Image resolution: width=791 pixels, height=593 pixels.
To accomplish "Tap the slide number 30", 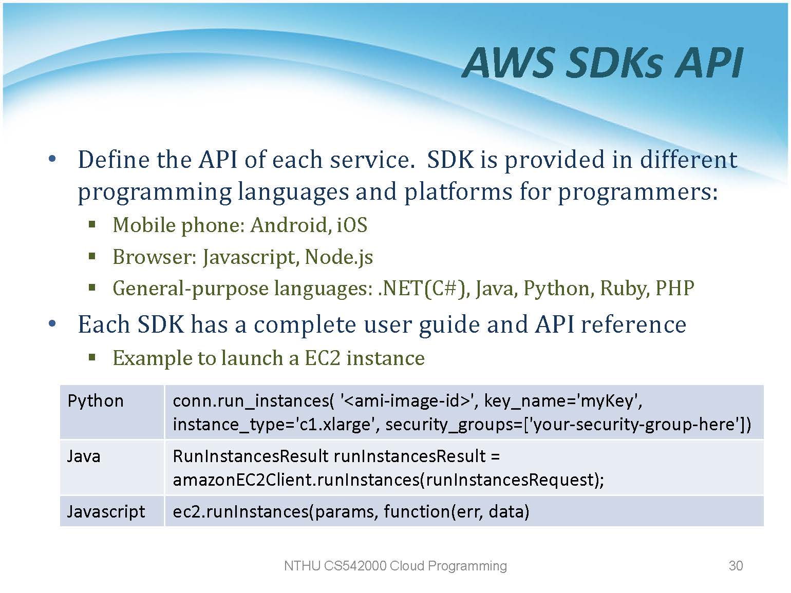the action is pyautogui.click(x=736, y=566).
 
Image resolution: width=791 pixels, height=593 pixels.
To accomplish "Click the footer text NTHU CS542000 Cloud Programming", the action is pyautogui.click(x=395, y=566).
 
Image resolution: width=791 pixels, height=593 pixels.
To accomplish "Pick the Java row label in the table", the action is pyautogui.click(x=84, y=456).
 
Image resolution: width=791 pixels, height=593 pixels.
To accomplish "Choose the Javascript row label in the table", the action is pyautogui.click(x=106, y=512).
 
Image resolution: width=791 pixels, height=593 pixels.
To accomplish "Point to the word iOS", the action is pyautogui.click(x=352, y=225).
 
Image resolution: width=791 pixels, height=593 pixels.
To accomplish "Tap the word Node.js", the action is pyautogui.click(x=338, y=258).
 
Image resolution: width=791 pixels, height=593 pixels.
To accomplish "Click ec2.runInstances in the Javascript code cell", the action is pyautogui.click(x=240, y=512).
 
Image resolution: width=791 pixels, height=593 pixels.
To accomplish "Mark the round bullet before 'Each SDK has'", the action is pyautogui.click(x=52, y=323).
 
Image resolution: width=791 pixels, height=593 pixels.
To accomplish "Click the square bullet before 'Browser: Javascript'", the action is pyautogui.click(x=92, y=257).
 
